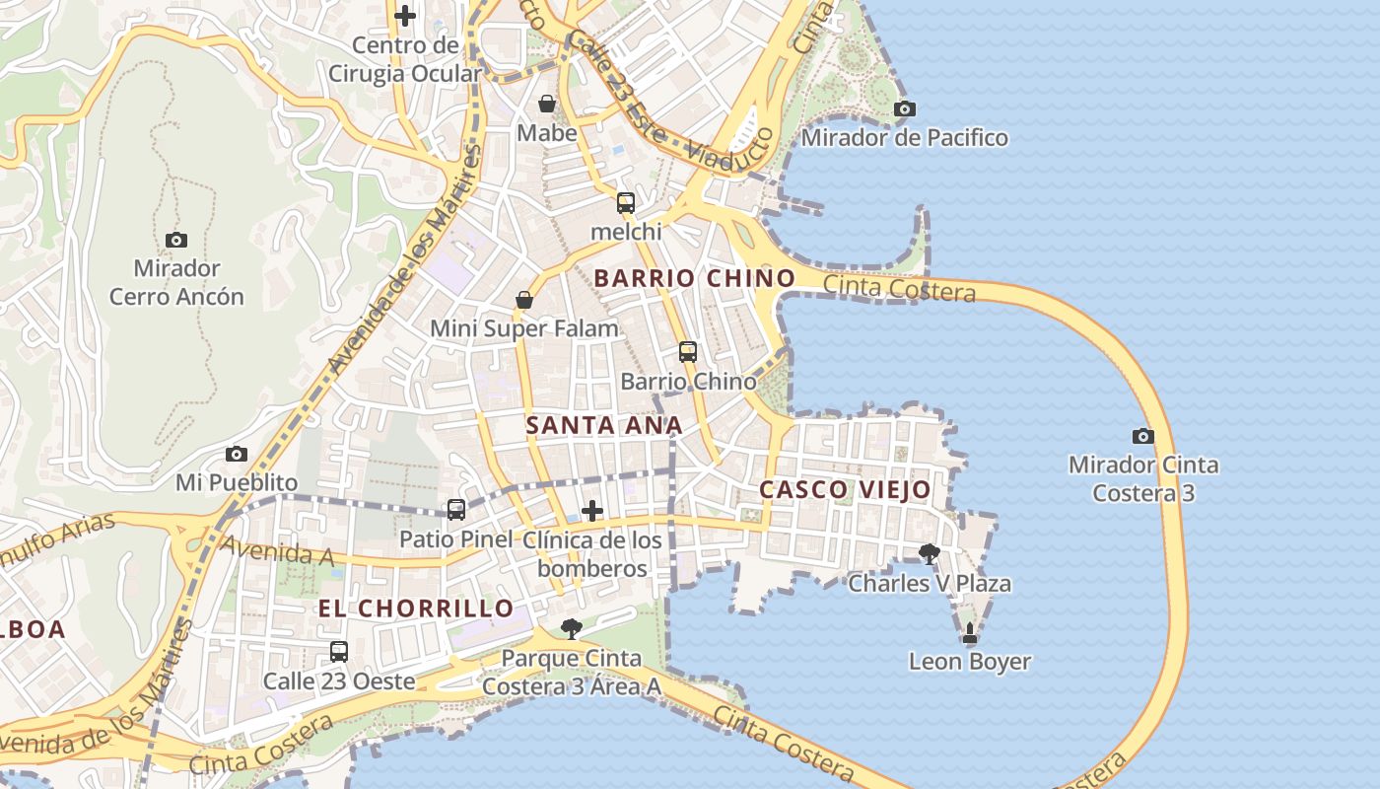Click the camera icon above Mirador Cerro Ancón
tap(176, 240)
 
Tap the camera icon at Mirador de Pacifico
tap(904, 108)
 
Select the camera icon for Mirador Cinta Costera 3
tap(1142, 436)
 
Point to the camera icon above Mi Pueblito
tap(237, 454)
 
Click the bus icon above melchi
tap(625, 203)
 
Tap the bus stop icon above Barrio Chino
tap(688, 351)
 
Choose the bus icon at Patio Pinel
tap(455, 510)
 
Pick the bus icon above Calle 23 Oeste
tap(339, 651)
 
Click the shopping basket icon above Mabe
tap(547, 104)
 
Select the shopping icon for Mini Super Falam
tap(524, 300)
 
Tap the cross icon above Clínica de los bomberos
tap(592, 510)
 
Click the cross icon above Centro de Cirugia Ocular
tap(405, 16)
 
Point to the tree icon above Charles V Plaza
tap(929, 553)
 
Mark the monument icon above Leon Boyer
tap(970, 632)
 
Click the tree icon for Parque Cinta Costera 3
tap(571, 628)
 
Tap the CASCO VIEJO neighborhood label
tap(845, 489)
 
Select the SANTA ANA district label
tap(603, 426)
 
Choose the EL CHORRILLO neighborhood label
tap(415, 608)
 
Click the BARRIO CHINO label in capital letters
tap(694, 278)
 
